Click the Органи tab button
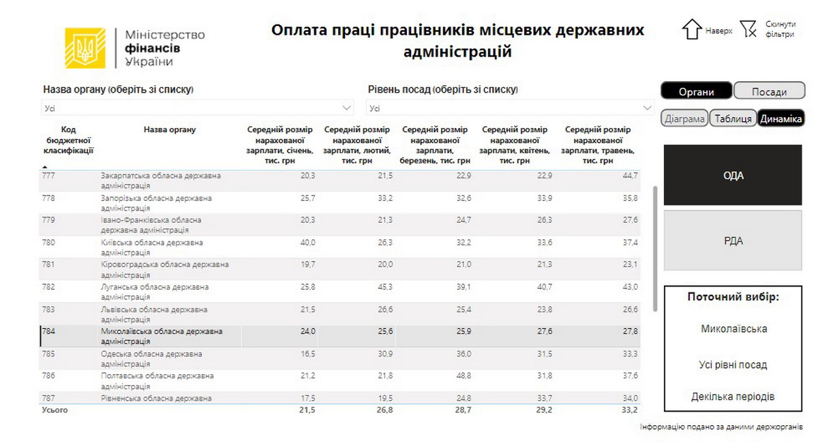(x=696, y=91)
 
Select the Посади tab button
(x=770, y=91)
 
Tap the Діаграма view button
(x=684, y=119)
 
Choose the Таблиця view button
(x=733, y=119)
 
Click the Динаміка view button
(x=781, y=119)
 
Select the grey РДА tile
(x=733, y=241)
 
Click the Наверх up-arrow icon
(x=692, y=29)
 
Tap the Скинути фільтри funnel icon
(x=748, y=29)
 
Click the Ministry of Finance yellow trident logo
(x=85, y=48)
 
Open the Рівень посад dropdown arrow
(x=646, y=108)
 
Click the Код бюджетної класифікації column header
(x=68, y=140)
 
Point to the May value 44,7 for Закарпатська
(x=629, y=176)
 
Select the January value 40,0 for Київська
(x=307, y=243)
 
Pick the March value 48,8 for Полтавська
(x=462, y=375)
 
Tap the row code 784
(x=48, y=331)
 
